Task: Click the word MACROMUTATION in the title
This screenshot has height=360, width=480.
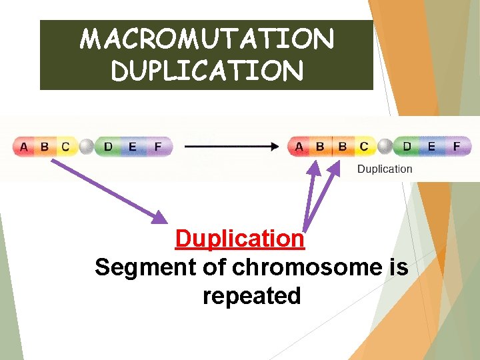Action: [x=207, y=39]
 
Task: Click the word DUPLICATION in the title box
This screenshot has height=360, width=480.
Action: [x=207, y=71]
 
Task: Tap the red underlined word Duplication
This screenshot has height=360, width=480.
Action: [x=239, y=238]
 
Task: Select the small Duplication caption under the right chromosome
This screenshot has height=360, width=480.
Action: [x=385, y=169]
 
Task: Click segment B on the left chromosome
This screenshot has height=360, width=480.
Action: [x=45, y=147]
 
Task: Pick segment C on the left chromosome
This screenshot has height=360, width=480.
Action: [x=65, y=147]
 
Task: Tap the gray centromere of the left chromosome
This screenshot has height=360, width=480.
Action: [x=86, y=147]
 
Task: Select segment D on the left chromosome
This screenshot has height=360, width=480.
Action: [x=108, y=147]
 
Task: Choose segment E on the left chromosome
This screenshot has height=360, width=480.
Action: [x=132, y=147]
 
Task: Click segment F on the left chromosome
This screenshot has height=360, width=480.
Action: [x=157, y=147]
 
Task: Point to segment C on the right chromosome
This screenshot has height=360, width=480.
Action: [x=363, y=146]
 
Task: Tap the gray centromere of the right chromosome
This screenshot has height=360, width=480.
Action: [x=385, y=146]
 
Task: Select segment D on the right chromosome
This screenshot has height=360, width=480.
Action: [x=407, y=146]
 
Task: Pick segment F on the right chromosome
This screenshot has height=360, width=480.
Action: [x=457, y=146]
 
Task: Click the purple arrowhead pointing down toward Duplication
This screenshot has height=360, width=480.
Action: [x=160, y=216]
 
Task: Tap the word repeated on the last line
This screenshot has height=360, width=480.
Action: [x=251, y=295]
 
